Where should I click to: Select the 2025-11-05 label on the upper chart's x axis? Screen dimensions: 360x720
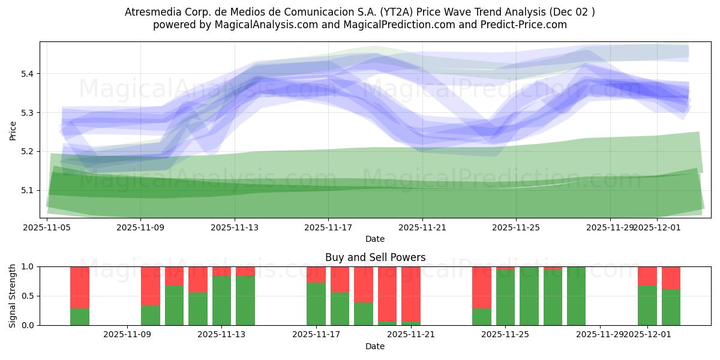pos(47,227)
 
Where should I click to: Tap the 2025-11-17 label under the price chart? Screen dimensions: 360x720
pos(328,227)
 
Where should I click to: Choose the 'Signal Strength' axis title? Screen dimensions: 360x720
pos(13,296)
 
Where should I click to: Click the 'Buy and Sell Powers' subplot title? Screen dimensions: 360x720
pos(375,257)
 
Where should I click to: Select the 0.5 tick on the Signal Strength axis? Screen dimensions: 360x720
pos(28,296)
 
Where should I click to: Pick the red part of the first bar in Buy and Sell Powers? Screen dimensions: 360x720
pos(80,287)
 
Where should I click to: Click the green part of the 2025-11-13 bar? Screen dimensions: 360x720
pos(221,300)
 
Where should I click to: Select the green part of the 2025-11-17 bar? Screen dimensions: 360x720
pos(316,304)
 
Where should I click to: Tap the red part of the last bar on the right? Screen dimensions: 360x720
pos(671,277)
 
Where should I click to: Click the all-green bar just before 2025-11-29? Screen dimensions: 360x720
pos(576,296)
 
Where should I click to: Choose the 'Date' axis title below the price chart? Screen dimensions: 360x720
pos(375,239)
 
